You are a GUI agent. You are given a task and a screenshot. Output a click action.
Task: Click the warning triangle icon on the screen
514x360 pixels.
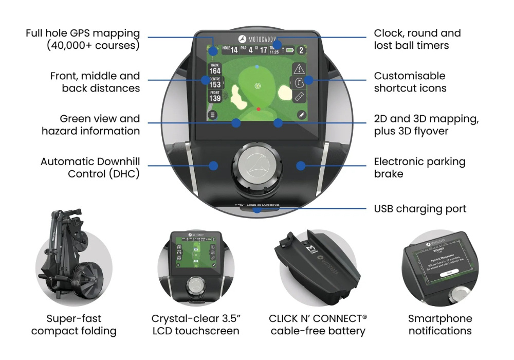pyautogui.click(x=300, y=69)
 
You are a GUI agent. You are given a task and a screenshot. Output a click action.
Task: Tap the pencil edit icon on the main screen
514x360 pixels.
pyautogui.click(x=301, y=115)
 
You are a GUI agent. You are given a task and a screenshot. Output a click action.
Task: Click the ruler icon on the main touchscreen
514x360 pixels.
pyautogui.click(x=300, y=97)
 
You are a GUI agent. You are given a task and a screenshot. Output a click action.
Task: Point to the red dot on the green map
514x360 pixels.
pyautogui.click(x=259, y=109)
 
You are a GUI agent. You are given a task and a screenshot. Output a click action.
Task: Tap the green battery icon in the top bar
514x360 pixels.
pyautogui.click(x=291, y=50)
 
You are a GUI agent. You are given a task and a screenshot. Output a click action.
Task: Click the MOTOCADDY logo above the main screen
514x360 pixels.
pyautogui.click(x=257, y=39)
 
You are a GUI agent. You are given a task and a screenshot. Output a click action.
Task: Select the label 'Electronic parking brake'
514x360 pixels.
pyautogui.click(x=419, y=168)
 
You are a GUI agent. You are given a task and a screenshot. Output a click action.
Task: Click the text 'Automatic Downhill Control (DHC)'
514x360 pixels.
pyautogui.click(x=90, y=168)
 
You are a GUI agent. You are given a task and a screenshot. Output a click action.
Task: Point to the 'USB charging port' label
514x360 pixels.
pyautogui.click(x=420, y=209)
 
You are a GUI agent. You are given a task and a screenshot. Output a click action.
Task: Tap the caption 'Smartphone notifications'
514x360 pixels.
pyautogui.click(x=440, y=325)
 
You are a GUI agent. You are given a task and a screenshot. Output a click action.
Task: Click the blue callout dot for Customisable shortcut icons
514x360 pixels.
pyautogui.click(x=308, y=80)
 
